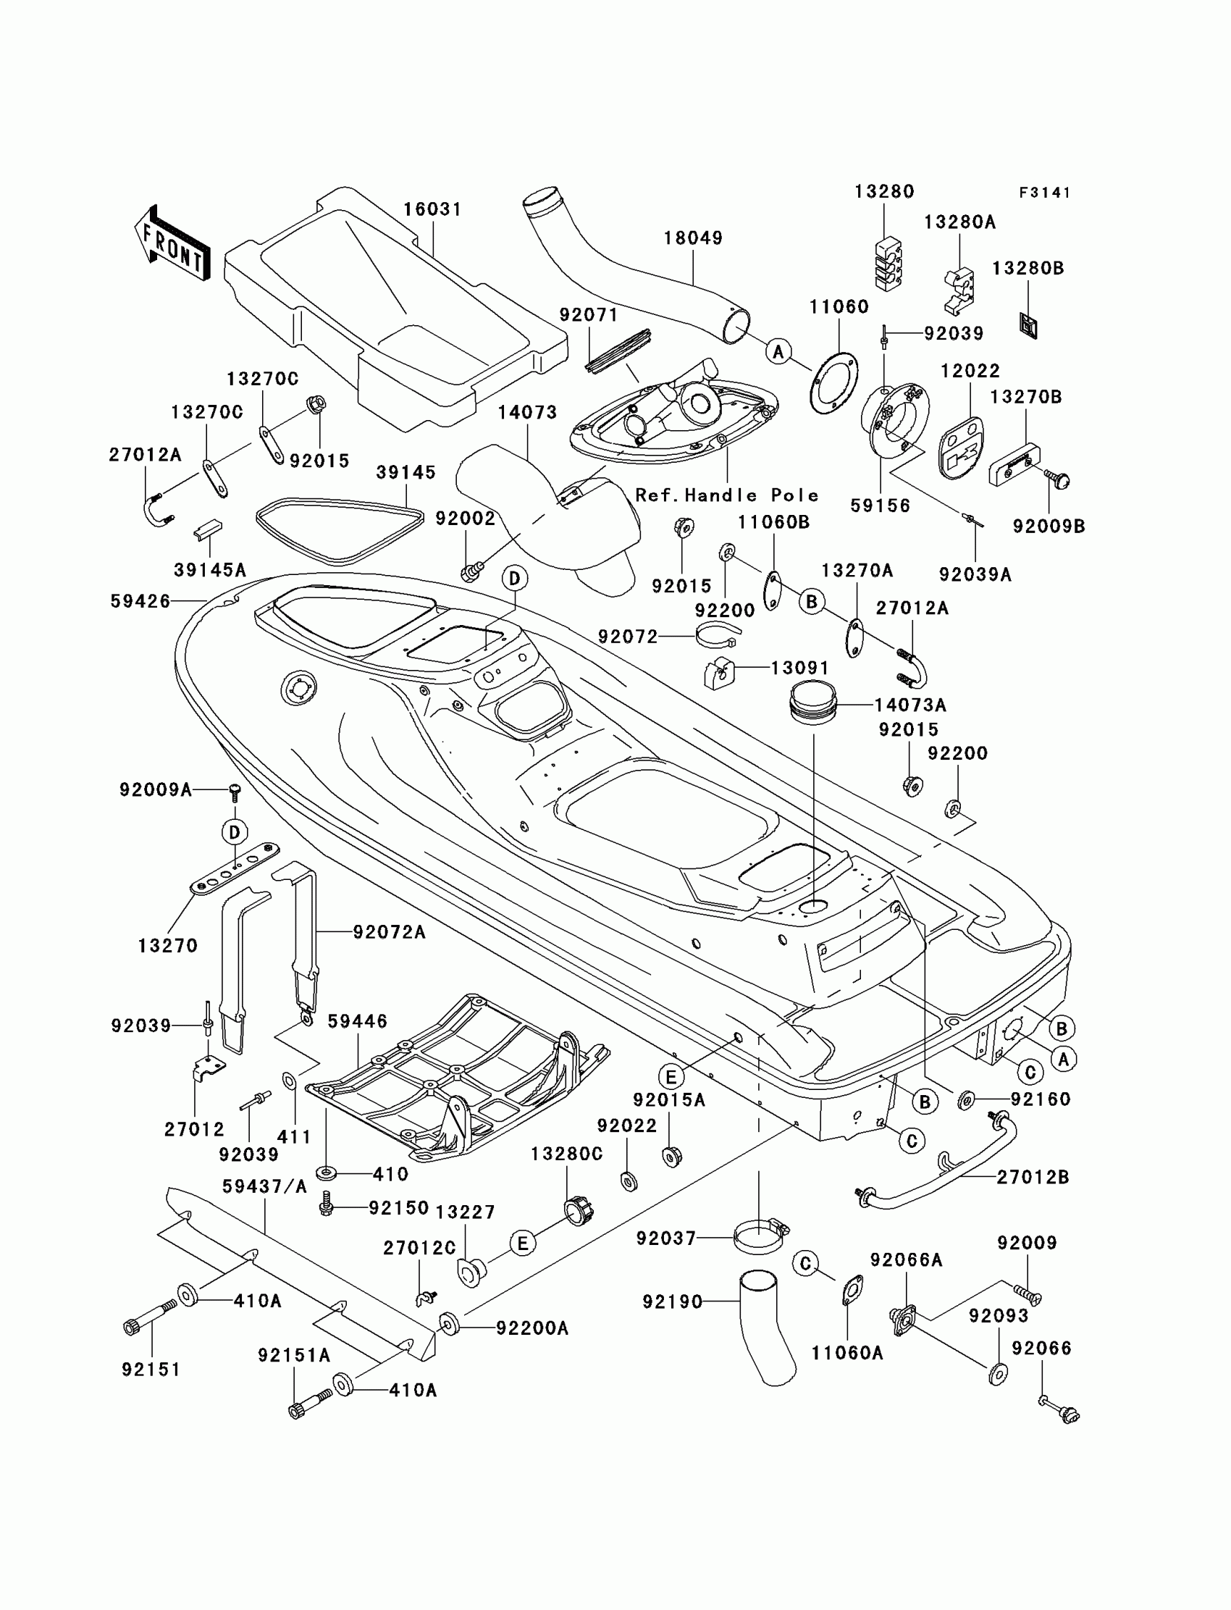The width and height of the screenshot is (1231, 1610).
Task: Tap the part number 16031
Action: (x=432, y=209)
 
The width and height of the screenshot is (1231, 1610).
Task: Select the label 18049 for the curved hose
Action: (x=693, y=238)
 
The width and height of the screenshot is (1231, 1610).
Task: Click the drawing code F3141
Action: (x=1045, y=193)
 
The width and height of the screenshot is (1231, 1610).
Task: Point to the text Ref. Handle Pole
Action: (x=727, y=495)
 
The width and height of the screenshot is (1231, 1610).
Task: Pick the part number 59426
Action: (x=140, y=601)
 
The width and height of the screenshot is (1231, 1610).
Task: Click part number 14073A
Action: (x=910, y=705)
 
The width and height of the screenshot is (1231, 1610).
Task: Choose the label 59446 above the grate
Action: (x=358, y=1020)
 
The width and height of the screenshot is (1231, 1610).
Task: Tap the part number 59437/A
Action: (x=264, y=1186)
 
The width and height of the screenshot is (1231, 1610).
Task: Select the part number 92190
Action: (x=672, y=1301)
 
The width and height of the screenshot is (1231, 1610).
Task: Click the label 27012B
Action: (x=1033, y=1177)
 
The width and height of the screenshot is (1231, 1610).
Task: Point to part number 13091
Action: (x=800, y=668)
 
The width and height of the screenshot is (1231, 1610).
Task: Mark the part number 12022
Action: (x=970, y=371)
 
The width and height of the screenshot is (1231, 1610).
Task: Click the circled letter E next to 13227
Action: (x=522, y=1243)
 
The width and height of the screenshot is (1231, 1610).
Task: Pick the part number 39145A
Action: (x=209, y=569)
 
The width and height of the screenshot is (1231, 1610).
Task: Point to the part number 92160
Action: (x=1041, y=1099)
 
